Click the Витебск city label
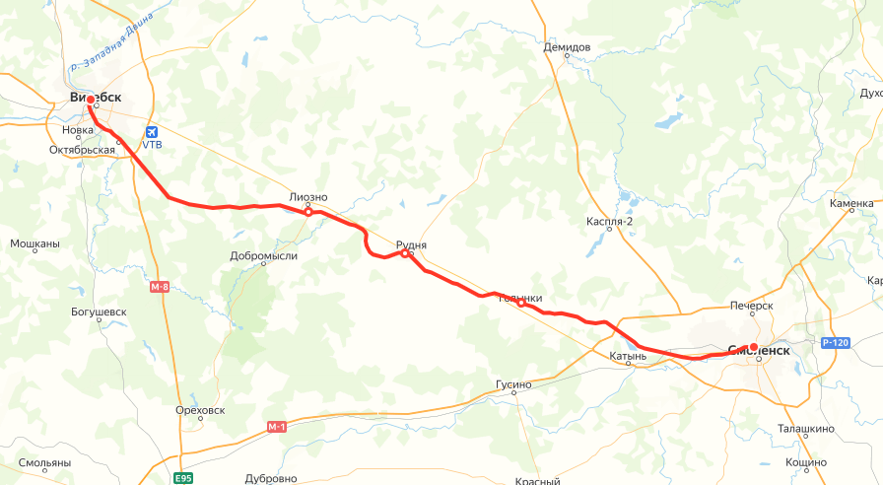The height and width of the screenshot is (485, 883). coord(96,98)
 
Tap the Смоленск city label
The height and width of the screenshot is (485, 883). coord(758,349)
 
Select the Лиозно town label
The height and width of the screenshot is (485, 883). coord(308,197)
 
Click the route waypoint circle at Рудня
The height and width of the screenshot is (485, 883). coord(405,253)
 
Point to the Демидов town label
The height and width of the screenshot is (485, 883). coord(567,47)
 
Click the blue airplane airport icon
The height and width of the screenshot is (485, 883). coord(151,131)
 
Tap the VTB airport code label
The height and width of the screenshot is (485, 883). coord(152,145)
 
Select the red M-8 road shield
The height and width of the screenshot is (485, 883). coord(160,287)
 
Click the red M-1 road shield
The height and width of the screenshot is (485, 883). coord(276,427)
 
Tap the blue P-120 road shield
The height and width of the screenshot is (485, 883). coord(834,343)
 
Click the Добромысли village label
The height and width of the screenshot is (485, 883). coord(263,256)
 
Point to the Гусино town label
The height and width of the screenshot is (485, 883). coord(513,384)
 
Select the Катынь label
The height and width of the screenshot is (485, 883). coord(628,356)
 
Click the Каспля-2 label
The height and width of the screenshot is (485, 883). coord(609,221)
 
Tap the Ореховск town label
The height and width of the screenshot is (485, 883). coord(200,409)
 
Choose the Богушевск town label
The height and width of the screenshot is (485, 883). coord(100,312)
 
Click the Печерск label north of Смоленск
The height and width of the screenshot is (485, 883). coord(751,306)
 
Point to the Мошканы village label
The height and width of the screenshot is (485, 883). coord(34,243)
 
